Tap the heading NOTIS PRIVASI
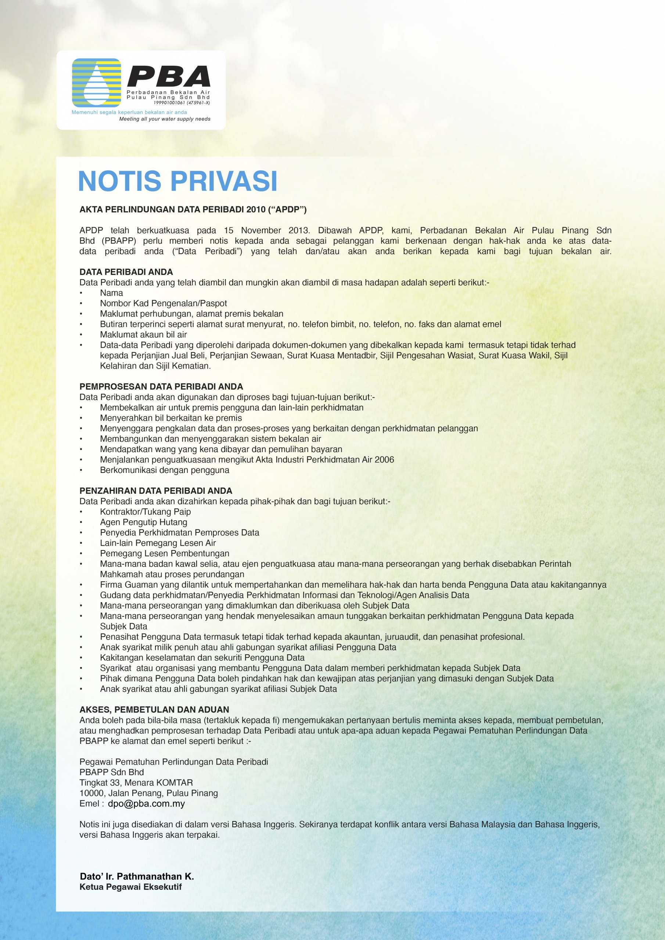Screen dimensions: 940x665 pyautogui.click(x=178, y=181)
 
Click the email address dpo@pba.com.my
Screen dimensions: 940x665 pyautogui.click(x=146, y=804)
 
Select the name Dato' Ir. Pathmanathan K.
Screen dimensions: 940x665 pyautogui.click(x=137, y=876)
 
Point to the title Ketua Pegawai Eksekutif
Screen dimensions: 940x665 pyautogui.click(x=130, y=887)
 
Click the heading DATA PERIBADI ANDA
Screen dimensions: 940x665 pyautogui.click(x=126, y=272)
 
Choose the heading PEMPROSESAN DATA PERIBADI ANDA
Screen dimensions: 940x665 pyautogui.click(x=161, y=387)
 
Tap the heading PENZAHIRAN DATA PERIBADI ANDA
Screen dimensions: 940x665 pyautogui.click(x=156, y=491)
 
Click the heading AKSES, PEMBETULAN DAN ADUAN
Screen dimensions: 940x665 pyautogui.click(x=154, y=709)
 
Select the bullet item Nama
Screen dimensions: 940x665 pyautogui.click(x=111, y=293)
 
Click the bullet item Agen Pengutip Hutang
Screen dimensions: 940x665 pyautogui.click(x=143, y=522)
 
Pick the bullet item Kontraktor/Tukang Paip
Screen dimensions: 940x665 pyautogui.click(x=145, y=511)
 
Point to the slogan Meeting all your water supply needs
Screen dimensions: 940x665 pyautogui.click(x=165, y=119)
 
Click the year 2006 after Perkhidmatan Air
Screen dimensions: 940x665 pyautogui.click(x=384, y=459)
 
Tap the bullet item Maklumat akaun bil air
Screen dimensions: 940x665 pyautogui.click(x=143, y=335)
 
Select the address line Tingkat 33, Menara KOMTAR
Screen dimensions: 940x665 pyautogui.click(x=136, y=783)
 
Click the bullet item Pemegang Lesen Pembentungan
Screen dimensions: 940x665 pyautogui.click(x=164, y=553)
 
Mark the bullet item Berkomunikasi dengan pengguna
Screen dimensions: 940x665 pyautogui.click(x=164, y=470)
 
